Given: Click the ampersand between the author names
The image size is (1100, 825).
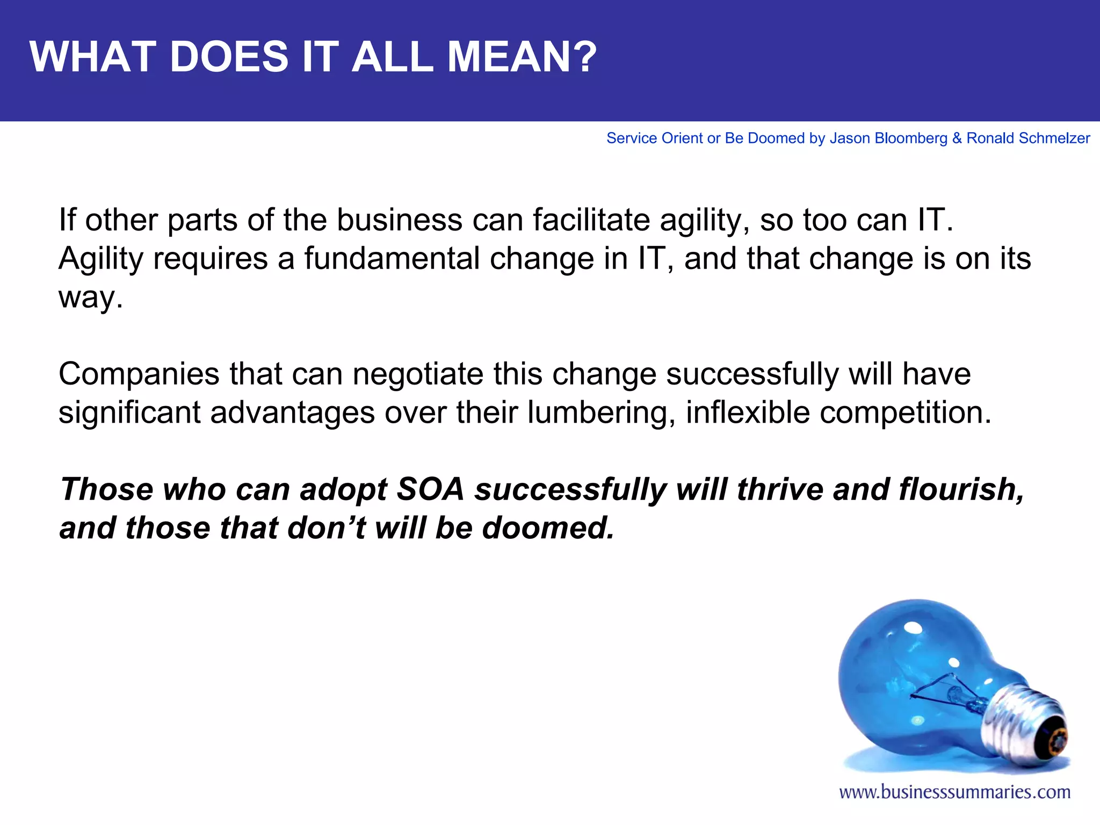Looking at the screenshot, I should [957, 139].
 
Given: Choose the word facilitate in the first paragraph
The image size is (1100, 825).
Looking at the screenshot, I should [591, 220].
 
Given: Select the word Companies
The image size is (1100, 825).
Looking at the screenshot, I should [139, 374].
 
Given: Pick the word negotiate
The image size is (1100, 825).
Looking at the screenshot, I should [418, 374].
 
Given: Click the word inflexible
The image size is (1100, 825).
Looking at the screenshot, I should [747, 413].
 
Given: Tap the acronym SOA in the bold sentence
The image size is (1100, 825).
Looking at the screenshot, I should [430, 490].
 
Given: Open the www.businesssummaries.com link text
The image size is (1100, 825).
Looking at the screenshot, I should [954, 792].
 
